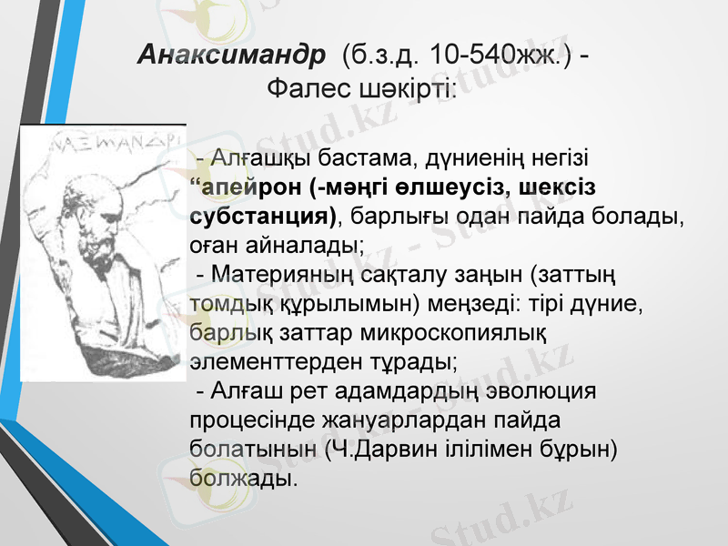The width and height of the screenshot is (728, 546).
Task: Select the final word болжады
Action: [243, 478]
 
